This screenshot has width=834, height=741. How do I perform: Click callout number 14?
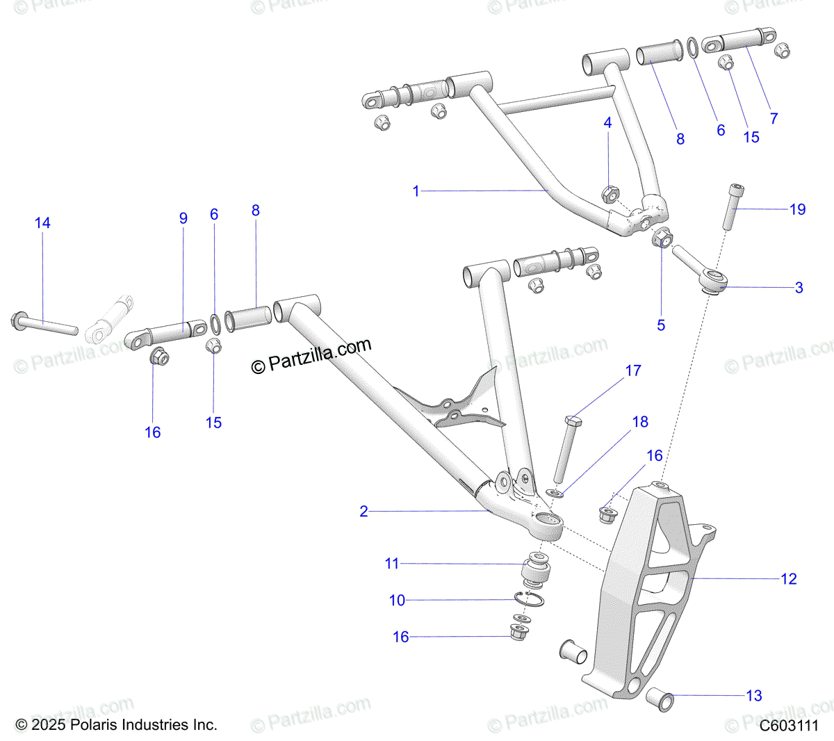42,223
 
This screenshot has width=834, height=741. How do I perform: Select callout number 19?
797,209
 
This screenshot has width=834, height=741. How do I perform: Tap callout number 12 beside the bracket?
788,579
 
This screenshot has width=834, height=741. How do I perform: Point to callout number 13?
754,696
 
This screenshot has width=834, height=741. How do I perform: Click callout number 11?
392,564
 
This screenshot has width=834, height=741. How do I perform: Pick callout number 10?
397,601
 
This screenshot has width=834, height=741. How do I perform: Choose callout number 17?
633,371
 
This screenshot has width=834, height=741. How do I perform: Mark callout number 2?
363,512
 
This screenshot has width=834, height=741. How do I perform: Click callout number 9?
183,218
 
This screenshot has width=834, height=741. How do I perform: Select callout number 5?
661,325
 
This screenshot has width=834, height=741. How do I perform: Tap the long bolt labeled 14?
44,324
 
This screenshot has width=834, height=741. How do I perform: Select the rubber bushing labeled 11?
536,571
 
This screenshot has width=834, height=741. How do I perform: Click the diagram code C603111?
788,726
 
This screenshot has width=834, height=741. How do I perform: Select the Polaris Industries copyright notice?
116,725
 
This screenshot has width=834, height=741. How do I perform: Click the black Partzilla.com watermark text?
311,355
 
